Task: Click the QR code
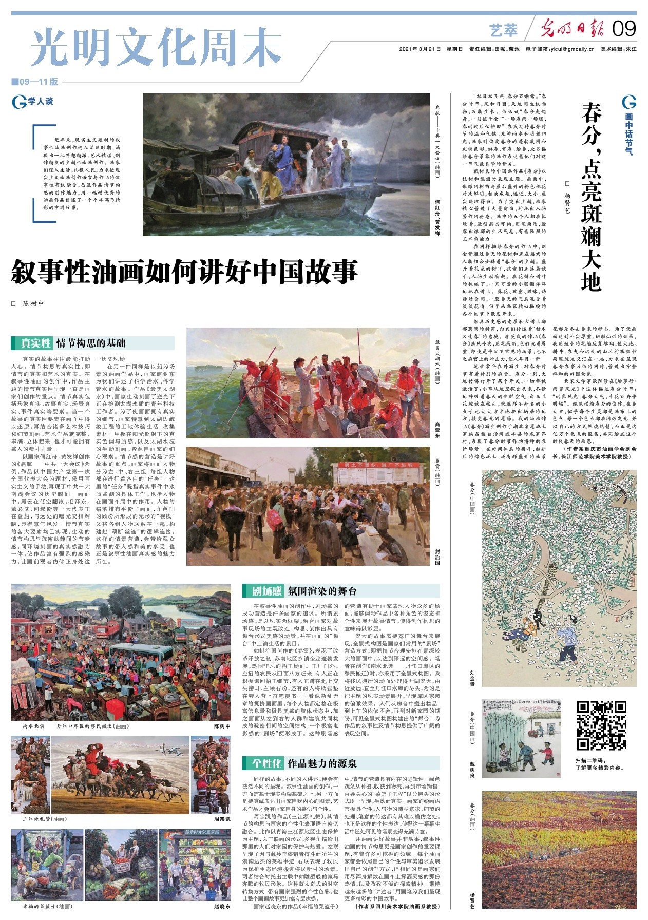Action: tap(601, 725)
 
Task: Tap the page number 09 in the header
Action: tap(624, 29)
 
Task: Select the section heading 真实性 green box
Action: tap(36, 343)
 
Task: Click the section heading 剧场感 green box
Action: tap(266, 591)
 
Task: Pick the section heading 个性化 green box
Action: tap(266, 763)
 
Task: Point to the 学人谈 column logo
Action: tap(33, 102)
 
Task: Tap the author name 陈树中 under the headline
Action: tap(33, 303)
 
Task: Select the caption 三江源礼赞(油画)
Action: tap(44, 819)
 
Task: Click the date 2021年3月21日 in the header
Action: tap(420, 49)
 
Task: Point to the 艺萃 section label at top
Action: tap(503, 30)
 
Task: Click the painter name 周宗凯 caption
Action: tap(222, 819)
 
